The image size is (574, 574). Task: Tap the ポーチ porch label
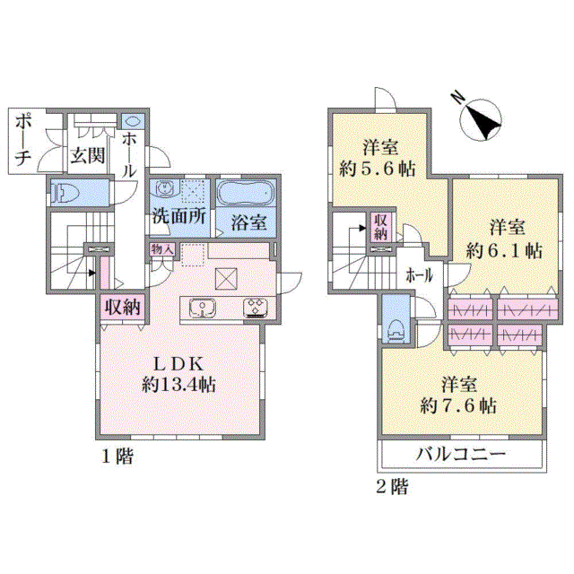pos(23,140)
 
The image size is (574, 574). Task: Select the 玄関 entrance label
pos(88,155)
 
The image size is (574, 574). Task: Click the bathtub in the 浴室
pos(246,193)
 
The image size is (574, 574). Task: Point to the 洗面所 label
pos(179,216)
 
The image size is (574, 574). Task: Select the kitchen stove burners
pos(255,307)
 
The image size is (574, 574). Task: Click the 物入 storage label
pos(161,249)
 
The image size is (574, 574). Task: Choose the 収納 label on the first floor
pos(123,307)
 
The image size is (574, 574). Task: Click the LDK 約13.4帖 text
pos(178,374)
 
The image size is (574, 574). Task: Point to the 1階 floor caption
pos(117,457)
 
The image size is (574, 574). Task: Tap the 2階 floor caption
pos(392,487)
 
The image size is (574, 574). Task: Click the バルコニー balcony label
pos(460,455)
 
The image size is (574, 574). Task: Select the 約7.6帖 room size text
pos(458,405)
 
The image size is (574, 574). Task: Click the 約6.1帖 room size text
pos(504,251)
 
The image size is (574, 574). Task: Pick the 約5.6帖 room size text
pos(377,170)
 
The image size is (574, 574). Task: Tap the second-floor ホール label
pos(419,275)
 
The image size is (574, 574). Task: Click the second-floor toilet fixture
pos(396,332)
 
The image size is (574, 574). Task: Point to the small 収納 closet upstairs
pos(380,227)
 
